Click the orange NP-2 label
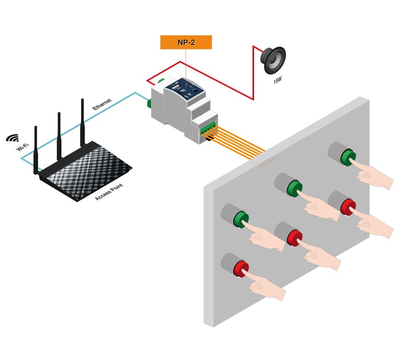(x=186, y=42)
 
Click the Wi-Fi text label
(x=21, y=151)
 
